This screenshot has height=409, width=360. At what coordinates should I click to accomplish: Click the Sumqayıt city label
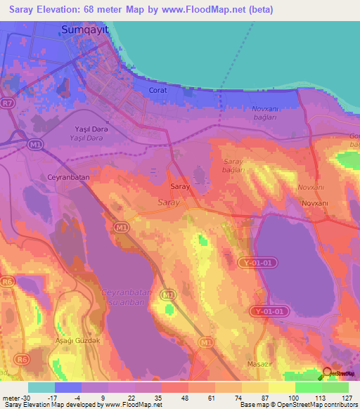86,30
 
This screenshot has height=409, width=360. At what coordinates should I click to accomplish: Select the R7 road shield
8,103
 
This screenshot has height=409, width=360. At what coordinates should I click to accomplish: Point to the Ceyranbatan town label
68,178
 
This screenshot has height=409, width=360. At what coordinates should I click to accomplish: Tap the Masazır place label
259,364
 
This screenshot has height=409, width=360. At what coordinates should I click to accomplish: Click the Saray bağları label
233,166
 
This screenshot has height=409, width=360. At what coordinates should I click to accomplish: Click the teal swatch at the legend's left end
41,387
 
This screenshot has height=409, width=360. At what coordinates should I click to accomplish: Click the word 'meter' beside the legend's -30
10,398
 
